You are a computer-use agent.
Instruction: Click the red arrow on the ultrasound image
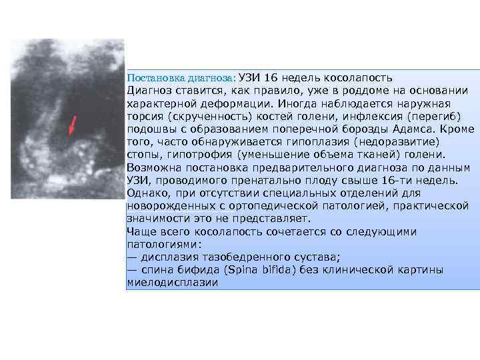[x=73, y=125]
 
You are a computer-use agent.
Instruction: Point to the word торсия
[x=143, y=116]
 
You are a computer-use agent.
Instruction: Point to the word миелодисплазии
[x=173, y=283]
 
